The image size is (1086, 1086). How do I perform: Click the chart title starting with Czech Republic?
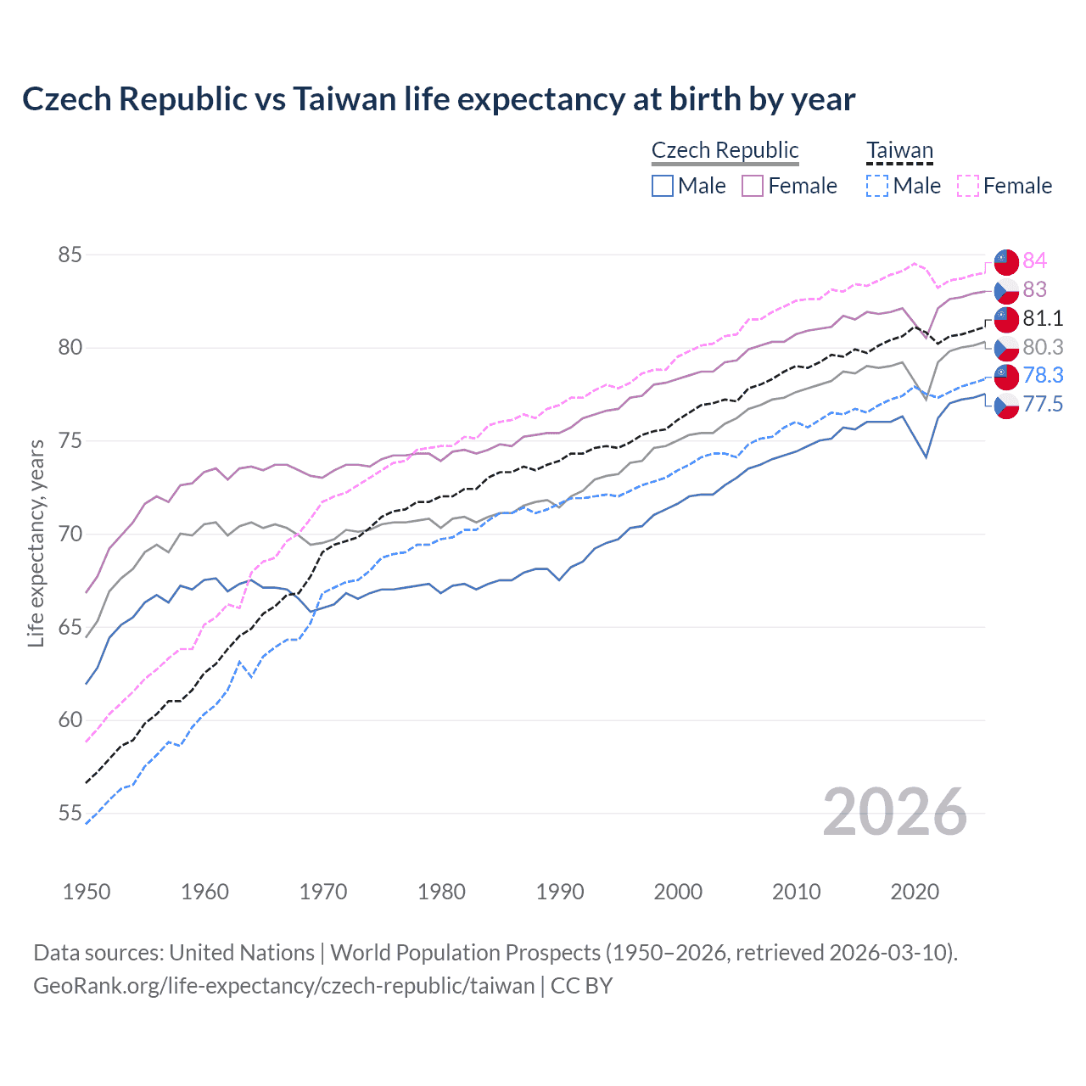click(439, 99)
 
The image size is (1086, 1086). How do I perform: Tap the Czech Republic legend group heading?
click(725, 150)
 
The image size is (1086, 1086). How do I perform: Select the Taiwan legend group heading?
click(899, 151)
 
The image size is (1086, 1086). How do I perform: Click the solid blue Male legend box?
click(663, 186)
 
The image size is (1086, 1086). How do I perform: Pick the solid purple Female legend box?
click(753, 186)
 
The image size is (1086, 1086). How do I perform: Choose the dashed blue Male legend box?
click(877, 186)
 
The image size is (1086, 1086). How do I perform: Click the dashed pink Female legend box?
click(967, 186)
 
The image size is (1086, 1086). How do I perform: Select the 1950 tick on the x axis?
click(87, 892)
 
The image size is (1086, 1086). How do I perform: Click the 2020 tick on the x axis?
click(915, 892)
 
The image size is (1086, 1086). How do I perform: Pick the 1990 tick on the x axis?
click(560, 892)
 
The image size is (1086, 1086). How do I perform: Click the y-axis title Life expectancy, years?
click(36, 543)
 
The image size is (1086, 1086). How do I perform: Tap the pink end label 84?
click(1034, 260)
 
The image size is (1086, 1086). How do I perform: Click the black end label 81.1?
click(1043, 318)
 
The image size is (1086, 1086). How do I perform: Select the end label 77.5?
click(1043, 404)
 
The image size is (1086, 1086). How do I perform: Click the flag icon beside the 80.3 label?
click(1006, 348)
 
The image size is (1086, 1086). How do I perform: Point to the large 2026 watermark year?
click(894, 812)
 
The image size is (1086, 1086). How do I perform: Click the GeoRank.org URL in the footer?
click(283, 986)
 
